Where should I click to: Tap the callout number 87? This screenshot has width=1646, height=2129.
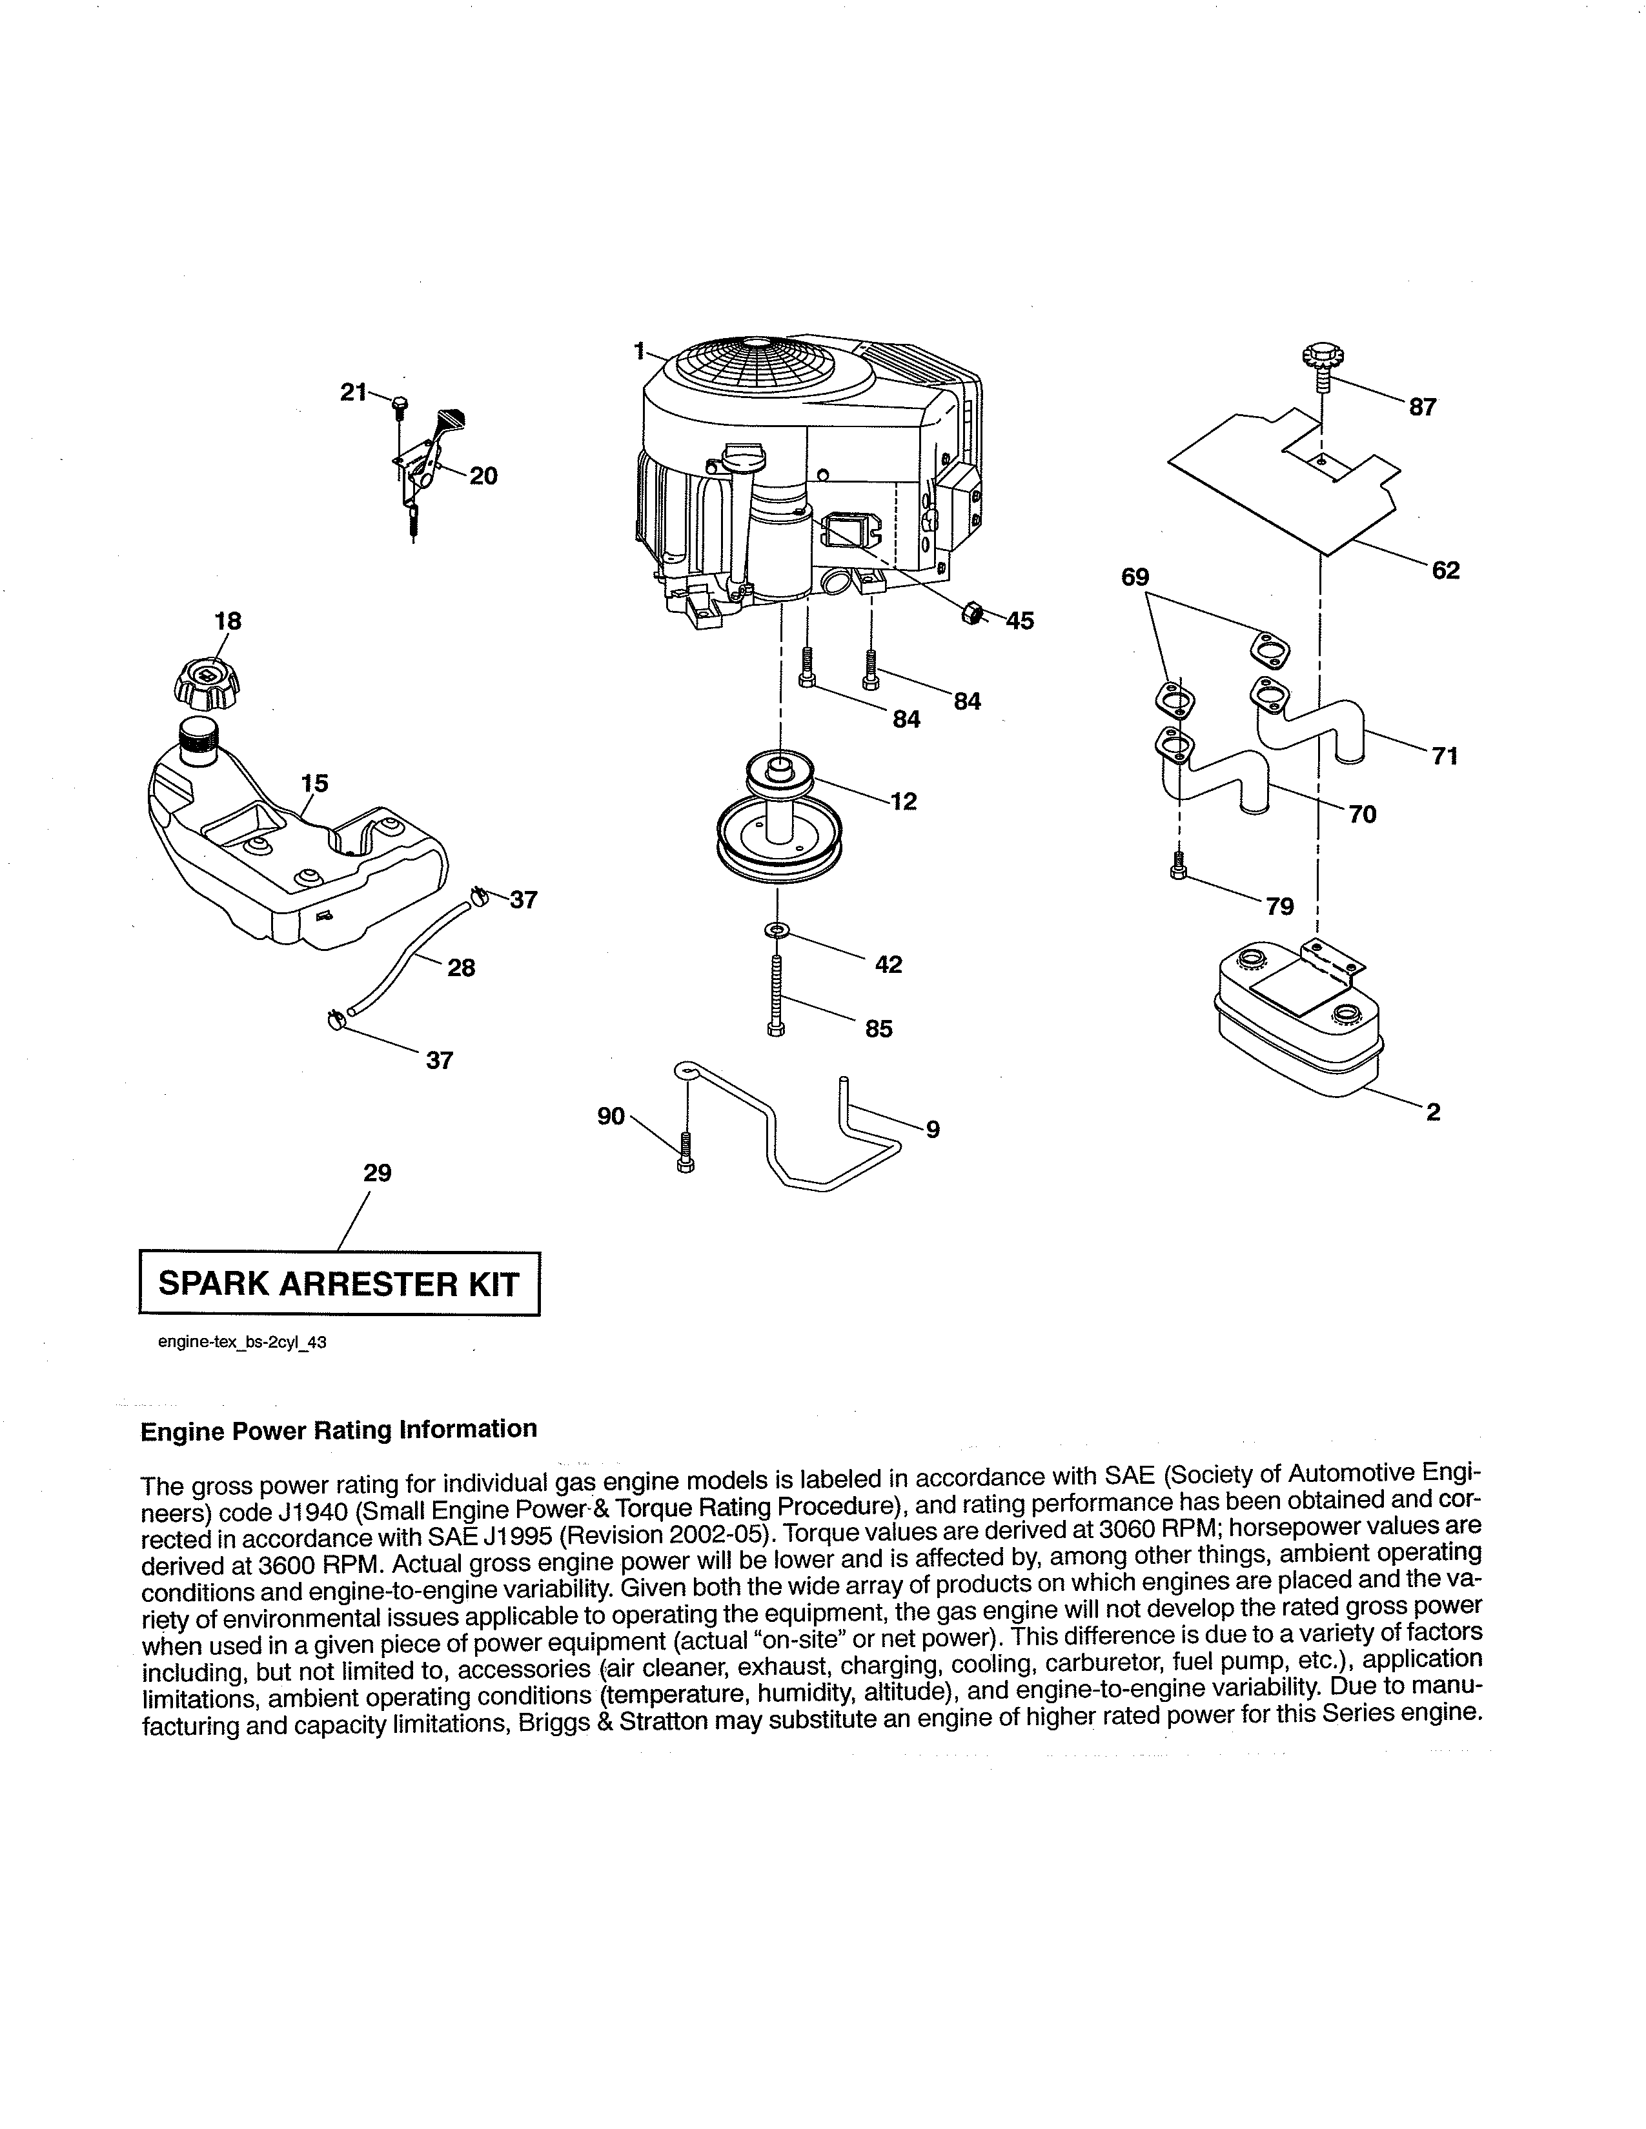(x=1422, y=408)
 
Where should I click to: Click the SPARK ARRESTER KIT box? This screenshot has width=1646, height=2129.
(x=340, y=1284)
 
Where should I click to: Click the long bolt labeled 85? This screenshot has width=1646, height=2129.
(x=776, y=996)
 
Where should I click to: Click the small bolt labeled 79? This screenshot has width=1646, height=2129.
(x=1178, y=865)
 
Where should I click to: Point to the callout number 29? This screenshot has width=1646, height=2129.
(x=378, y=1173)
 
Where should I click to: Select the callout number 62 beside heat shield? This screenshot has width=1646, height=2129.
(x=1445, y=570)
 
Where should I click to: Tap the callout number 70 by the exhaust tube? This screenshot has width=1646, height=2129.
(x=1362, y=814)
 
